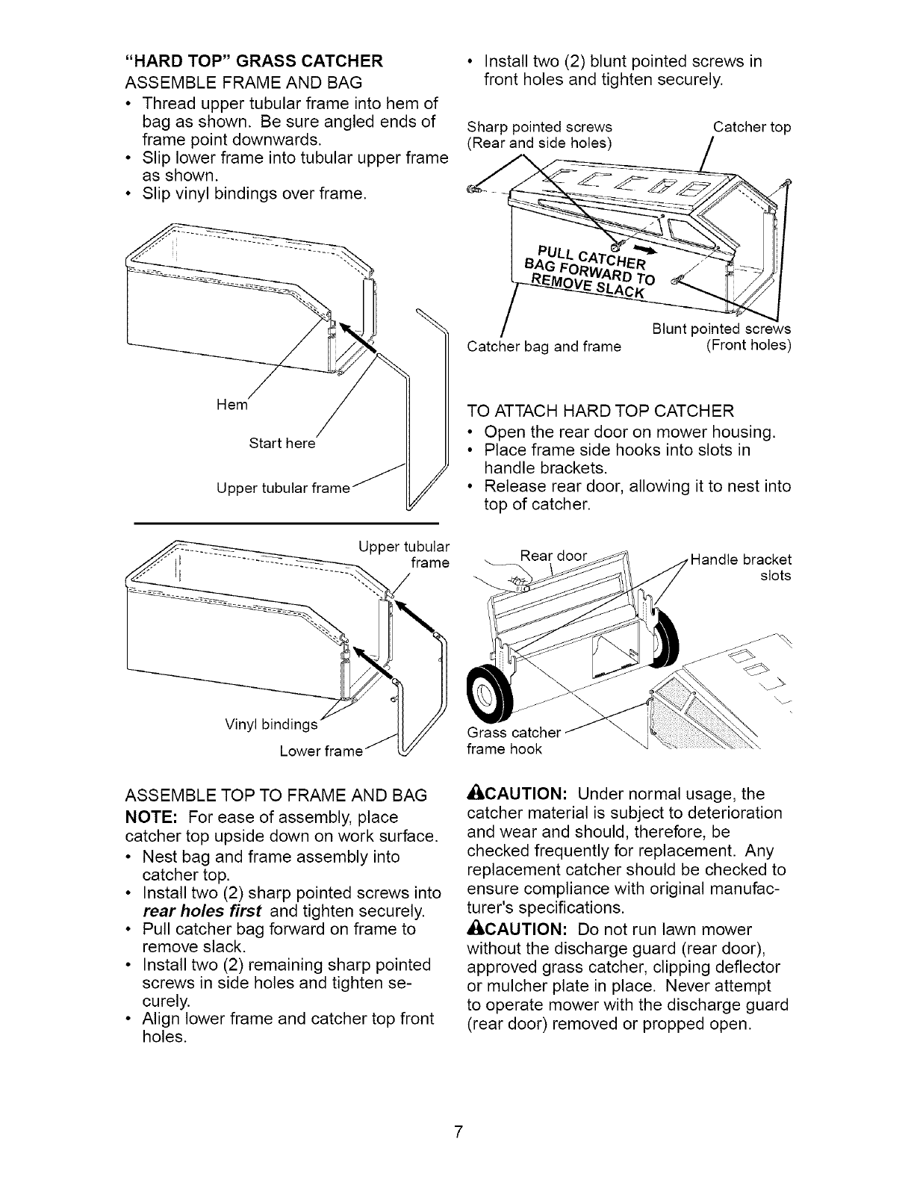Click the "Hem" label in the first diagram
[x=230, y=404]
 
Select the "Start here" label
[x=282, y=444]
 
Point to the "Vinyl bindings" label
[x=271, y=724]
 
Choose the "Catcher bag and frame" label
[x=544, y=346]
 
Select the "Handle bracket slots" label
[x=742, y=568]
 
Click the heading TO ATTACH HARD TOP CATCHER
[x=600, y=411]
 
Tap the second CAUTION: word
[x=523, y=929]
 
